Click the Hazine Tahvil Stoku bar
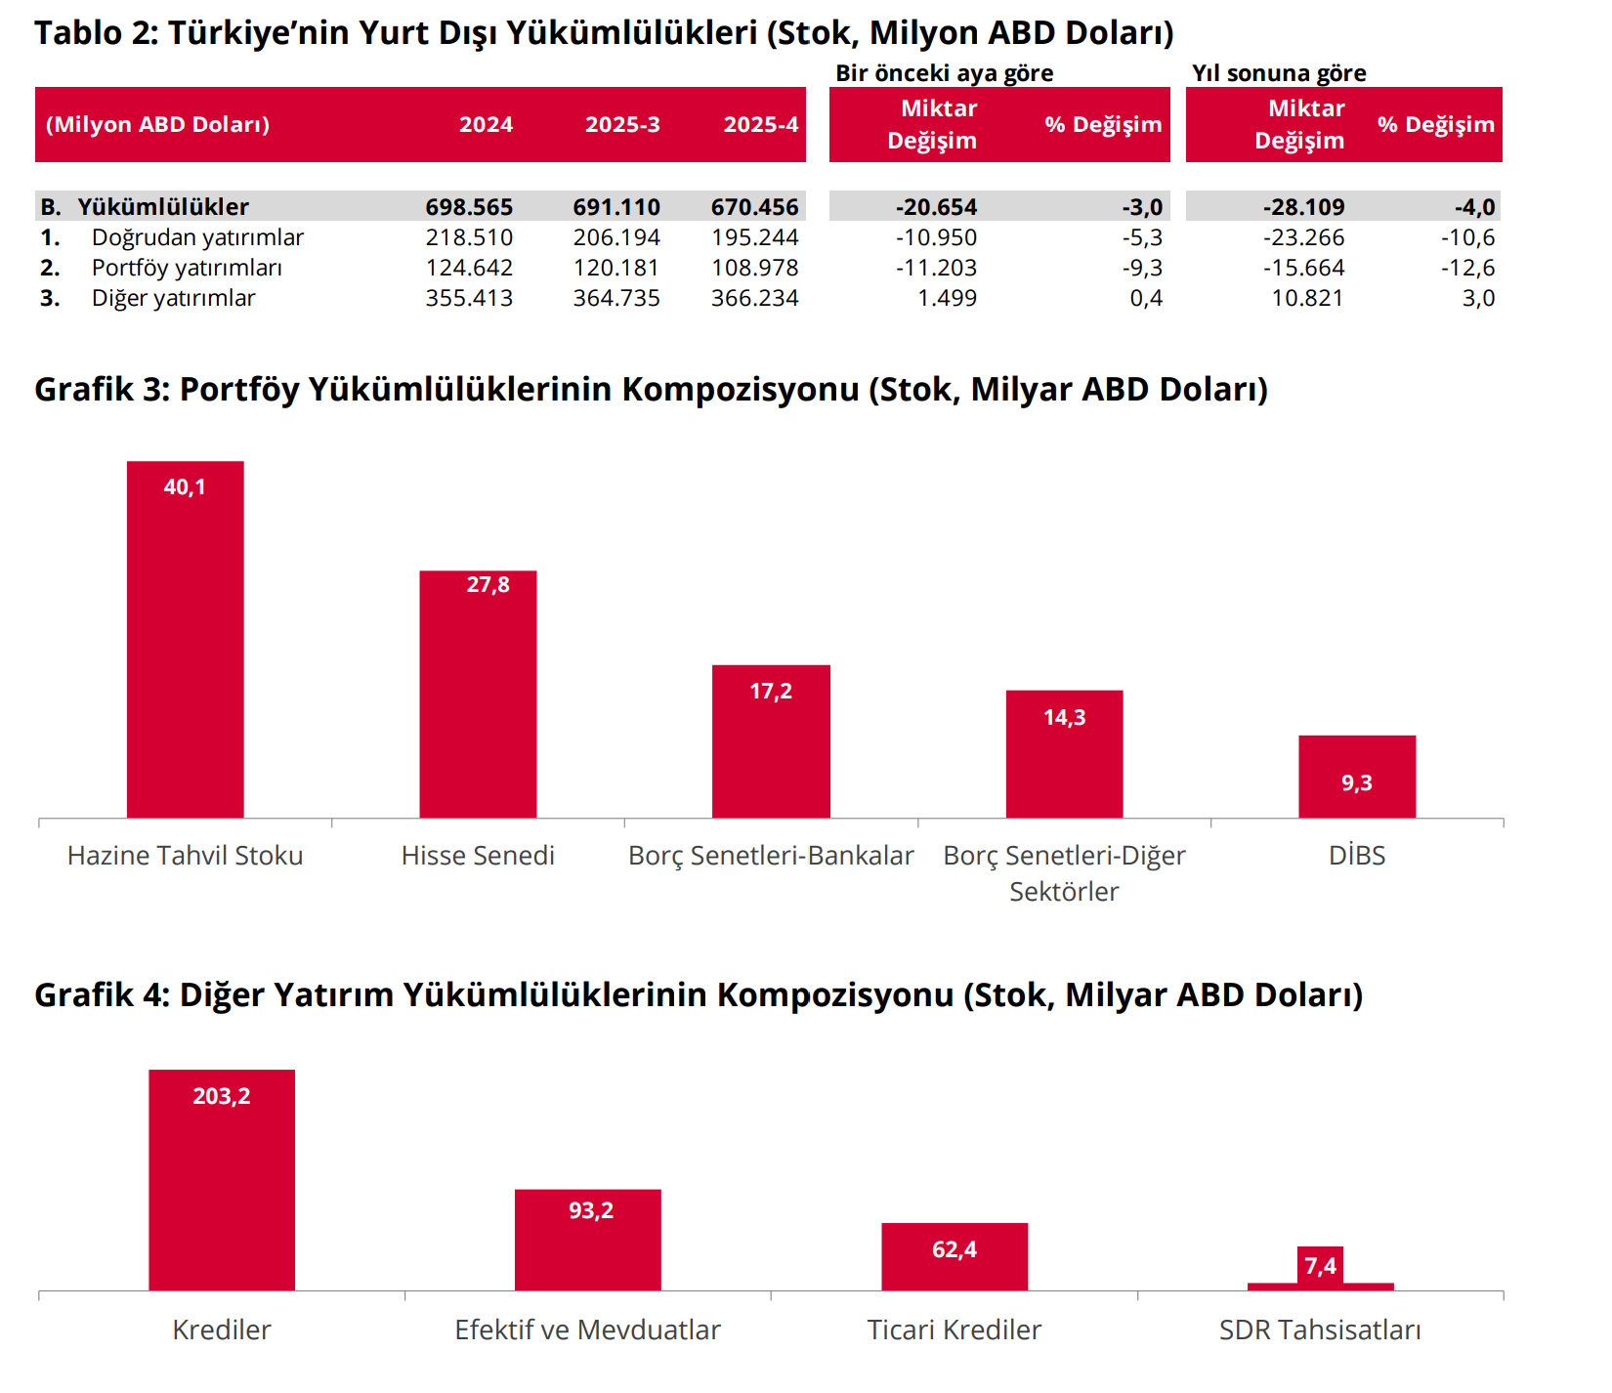pyautogui.click(x=185, y=640)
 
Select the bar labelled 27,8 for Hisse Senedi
pyautogui.click(x=478, y=694)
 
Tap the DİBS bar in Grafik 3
pyautogui.click(x=1356, y=777)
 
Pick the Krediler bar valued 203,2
pyautogui.click(x=222, y=1180)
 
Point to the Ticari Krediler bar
pyautogui.click(x=954, y=1257)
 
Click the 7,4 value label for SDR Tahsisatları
pyautogui.click(x=1320, y=1266)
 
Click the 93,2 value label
pyautogui.click(x=591, y=1210)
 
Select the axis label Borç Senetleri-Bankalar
pyautogui.click(x=771, y=856)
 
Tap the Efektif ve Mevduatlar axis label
pyautogui.click(x=587, y=1330)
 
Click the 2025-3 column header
pyautogui.click(x=622, y=124)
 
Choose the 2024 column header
pyautogui.click(x=486, y=124)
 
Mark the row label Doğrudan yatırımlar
pyautogui.click(x=197, y=237)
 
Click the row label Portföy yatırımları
pyautogui.click(x=187, y=268)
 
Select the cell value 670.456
pyautogui.click(x=754, y=207)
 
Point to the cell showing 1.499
pyautogui.click(x=947, y=298)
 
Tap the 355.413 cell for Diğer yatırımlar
pyautogui.click(x=469, y=298)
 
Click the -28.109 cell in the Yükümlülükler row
pyautogui.click(x=1303, y=207)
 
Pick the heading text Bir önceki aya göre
pyautogui.click(x=944, y=73)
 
